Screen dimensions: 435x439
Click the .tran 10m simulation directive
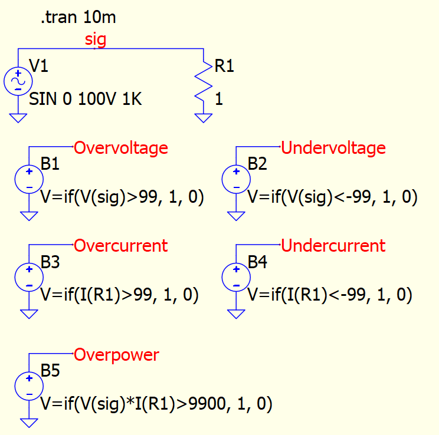tap(78, 18)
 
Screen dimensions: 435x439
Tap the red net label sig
tap(96, 39)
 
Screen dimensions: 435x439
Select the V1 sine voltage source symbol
tap(18, 81)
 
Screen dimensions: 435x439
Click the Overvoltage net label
tap(120, 147)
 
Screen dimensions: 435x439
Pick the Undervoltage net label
tap(333, 147)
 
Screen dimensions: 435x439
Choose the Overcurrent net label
tap(120, 245)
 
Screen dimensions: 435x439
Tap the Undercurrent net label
tap(333, 245)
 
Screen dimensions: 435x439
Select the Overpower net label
tap(116, 355)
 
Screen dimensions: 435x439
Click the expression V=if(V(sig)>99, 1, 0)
tap(122, 198)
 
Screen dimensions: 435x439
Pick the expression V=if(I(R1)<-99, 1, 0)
tap(329, 295)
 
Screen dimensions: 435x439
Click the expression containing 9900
tap(156, 404)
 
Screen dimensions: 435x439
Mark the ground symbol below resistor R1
tap(204, 118)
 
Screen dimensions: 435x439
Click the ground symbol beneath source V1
tap(18, 118)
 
